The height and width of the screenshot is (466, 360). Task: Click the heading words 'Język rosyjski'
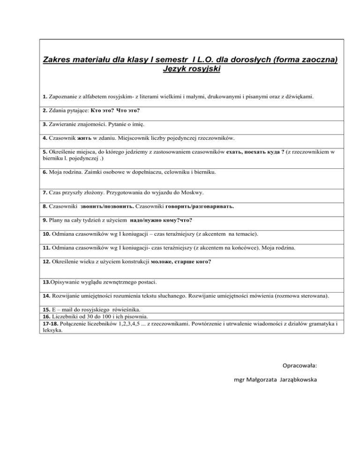(190, 70)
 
